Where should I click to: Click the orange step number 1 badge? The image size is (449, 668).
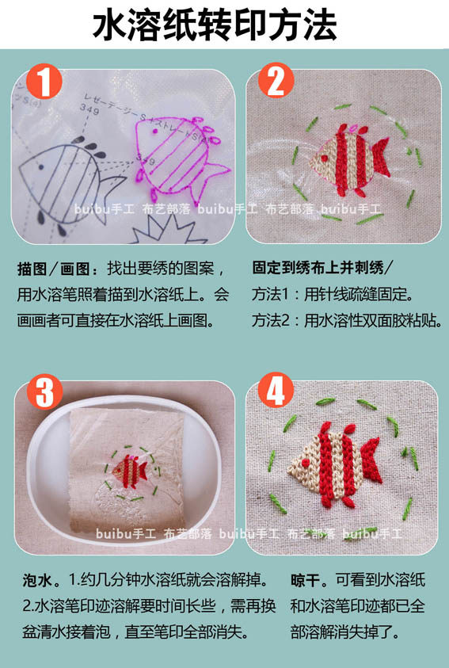coord(44,82)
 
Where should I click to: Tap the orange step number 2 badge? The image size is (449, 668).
coord(276,81)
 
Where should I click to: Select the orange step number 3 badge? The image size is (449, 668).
coord(44,392)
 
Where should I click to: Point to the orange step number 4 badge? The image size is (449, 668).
coord(276,390)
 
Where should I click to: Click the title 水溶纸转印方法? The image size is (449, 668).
coord(215,25)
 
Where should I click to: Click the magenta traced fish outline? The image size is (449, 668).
coord(179,159)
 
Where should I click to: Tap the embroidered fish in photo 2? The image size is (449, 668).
coord(350,159)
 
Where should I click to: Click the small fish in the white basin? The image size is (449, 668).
coord(129,471)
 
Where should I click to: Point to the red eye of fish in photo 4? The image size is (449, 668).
coord(305,463)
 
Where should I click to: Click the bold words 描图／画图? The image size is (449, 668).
coord(53,269)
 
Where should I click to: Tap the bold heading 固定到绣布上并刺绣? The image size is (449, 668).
coord(318,268)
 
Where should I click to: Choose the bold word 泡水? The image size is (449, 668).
coord(37,581)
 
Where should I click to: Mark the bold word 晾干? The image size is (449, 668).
coord(306,580)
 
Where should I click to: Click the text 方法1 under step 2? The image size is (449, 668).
coord(270,295)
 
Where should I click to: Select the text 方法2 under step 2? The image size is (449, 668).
coord(270,320)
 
